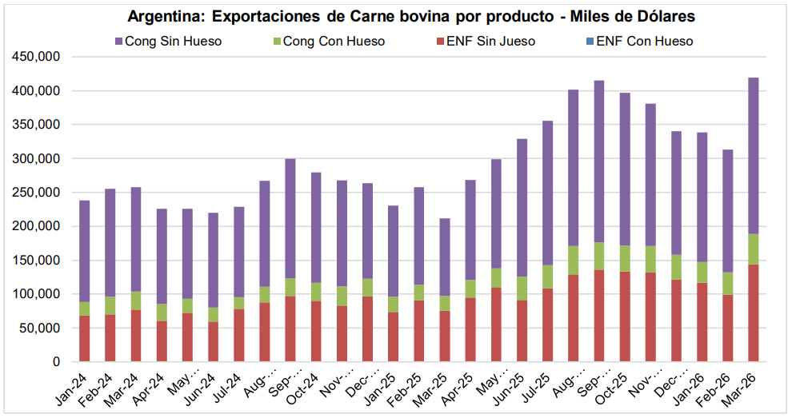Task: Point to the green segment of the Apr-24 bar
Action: [x=162, y=313]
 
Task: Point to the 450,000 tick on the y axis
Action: [x=34, y=58]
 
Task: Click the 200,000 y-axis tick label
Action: [x=34, y=227]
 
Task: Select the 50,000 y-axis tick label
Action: [x=38, y=328]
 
